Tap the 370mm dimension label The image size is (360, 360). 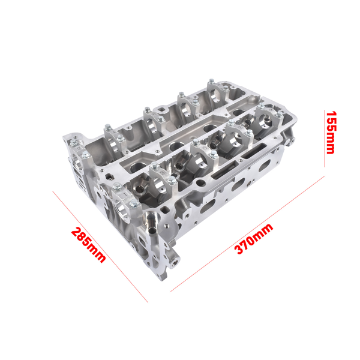254,239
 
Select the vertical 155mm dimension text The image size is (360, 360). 330,131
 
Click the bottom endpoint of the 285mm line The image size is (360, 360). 147,302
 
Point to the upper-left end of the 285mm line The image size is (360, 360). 53,191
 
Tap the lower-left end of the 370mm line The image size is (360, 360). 171,292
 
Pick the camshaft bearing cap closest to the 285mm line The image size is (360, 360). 120,198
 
